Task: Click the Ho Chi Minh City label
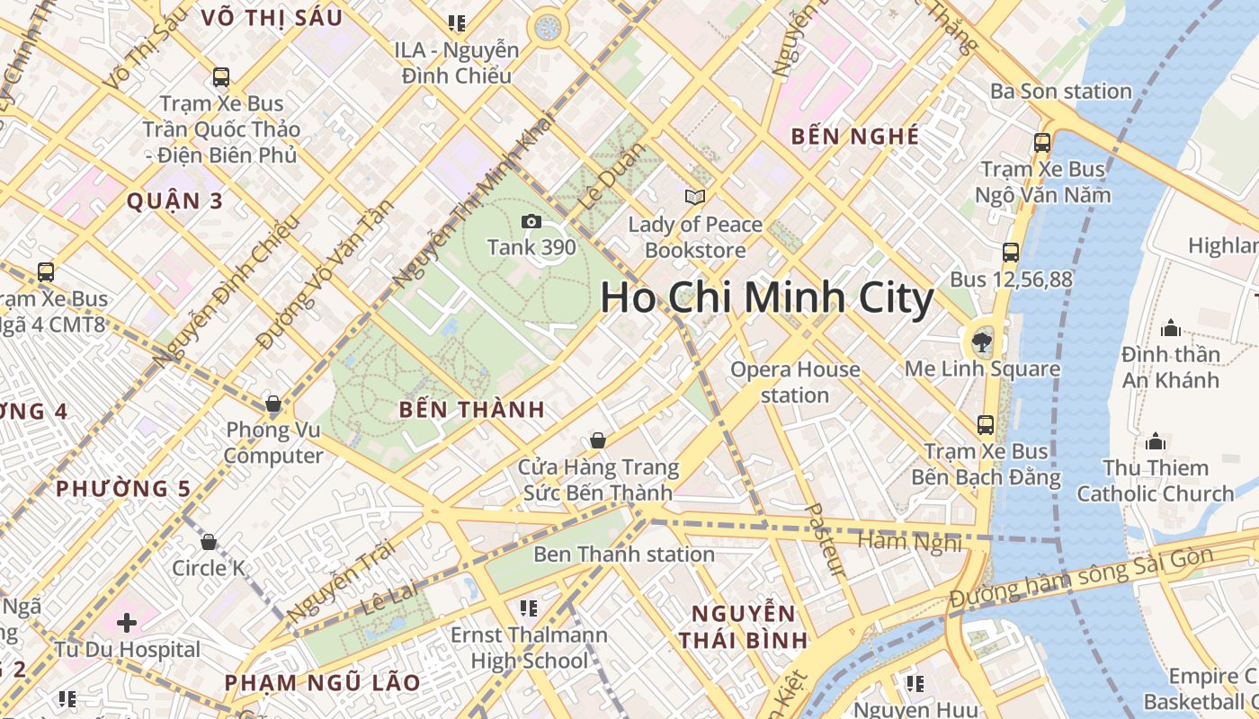click(x=767, y=298)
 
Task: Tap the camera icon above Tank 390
click(x=531, y=221)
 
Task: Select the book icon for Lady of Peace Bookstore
click(x=694, y=197)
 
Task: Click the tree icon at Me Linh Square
click(x=982, y=342)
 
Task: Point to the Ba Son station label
click(x=1060, y=91)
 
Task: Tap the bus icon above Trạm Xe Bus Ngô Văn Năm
click(x=1042, y=142)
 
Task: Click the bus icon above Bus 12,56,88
click(x=1011, y=253)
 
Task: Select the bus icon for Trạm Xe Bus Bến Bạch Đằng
click(x=986, y=424)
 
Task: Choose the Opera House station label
click(x=795, y=382)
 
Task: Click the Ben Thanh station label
click(x=624, y=554)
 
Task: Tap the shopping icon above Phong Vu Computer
click(x=273, y=404)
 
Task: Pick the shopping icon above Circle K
click(x=209, y=542)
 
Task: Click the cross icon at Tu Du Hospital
click(x=127, y=622)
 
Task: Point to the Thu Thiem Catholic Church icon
click(x=1156, y=441)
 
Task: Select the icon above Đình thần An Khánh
click(x=1170, y=328)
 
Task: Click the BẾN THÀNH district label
click(x=471, y=410)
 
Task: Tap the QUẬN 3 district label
click(x=174, y=200)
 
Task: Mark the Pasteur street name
click(x=824, y=539)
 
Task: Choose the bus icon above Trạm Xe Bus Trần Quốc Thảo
click(x=220, y=77)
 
